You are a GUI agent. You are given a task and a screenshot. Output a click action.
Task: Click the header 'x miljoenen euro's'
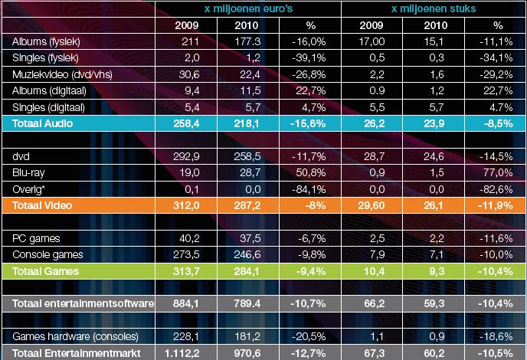248,8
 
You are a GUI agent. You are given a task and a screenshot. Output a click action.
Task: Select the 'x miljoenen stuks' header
434,8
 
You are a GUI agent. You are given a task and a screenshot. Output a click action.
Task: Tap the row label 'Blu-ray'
28,173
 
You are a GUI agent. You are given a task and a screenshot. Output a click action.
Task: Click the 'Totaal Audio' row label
42,123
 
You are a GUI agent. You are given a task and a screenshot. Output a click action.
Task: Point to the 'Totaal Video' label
42,205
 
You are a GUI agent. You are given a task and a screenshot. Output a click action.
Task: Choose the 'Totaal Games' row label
45,271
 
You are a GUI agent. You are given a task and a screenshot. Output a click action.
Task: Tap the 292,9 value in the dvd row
186,157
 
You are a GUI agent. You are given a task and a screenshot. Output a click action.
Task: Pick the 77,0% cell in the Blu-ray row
498,173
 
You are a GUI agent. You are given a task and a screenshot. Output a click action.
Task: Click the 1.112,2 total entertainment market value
182,353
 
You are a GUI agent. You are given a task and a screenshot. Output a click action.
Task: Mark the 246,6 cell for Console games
247,254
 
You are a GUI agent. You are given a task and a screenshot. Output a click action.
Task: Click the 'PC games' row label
36,238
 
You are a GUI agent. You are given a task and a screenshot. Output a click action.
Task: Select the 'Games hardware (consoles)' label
75,336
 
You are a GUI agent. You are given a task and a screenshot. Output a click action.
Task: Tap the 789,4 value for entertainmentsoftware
247,303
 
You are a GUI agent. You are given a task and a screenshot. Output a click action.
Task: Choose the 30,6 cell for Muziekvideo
189,74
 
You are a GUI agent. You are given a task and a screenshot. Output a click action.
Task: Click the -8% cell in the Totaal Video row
316,205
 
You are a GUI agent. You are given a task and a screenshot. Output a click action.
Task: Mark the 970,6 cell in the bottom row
247,353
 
